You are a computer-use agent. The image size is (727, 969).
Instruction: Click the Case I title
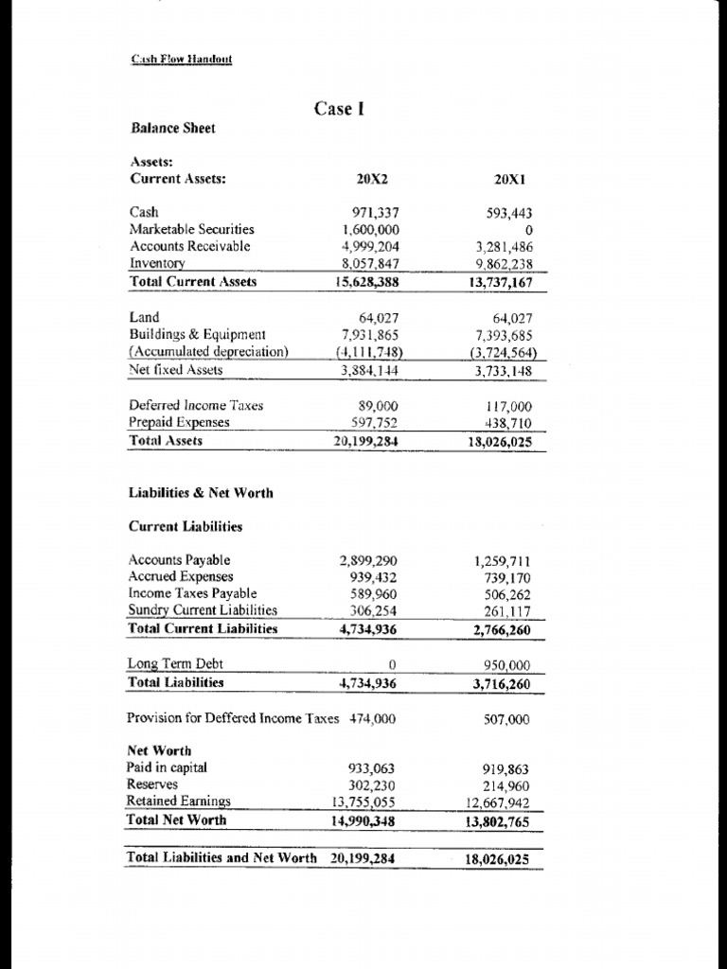(339, 109)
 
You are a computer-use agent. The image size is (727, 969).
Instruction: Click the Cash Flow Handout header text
(181, 60)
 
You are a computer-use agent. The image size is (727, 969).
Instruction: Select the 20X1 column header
(511, 178)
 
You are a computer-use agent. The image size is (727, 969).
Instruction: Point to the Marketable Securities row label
(191, 229)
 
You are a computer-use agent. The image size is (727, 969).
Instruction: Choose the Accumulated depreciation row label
(208, 352)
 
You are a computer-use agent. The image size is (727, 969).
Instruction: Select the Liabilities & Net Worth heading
(200, 492)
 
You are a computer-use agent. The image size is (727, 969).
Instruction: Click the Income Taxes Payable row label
(192, 593)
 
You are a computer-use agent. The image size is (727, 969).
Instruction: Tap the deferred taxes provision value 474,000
(373, 718)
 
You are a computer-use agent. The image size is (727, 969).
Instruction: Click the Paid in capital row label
(167, 767)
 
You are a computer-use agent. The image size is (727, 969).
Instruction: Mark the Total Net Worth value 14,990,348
(363, 820)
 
